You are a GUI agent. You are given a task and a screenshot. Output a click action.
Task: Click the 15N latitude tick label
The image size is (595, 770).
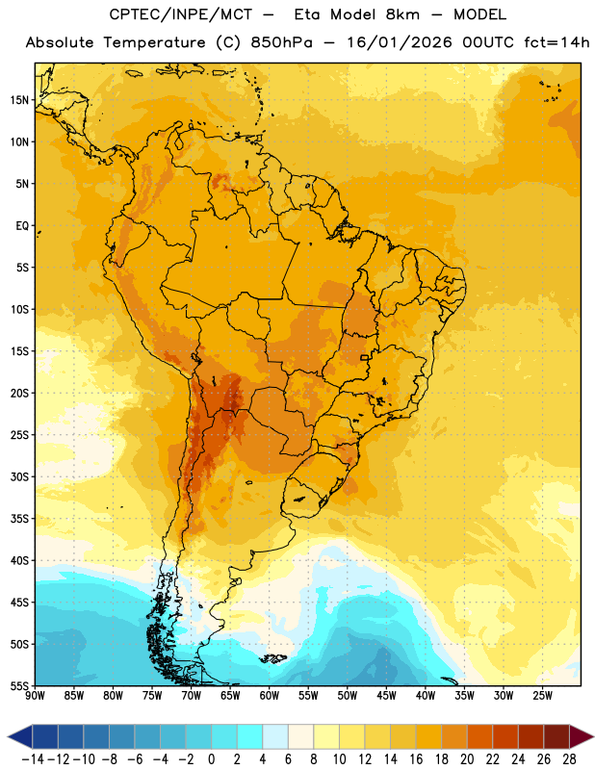coord(20,100)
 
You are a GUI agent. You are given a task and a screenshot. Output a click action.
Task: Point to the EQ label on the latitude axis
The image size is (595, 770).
coord(22,226)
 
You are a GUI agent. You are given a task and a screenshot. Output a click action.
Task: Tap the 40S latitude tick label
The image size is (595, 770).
coord(20,560)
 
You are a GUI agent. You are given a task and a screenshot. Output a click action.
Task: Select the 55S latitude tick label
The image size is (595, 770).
coord(20,685)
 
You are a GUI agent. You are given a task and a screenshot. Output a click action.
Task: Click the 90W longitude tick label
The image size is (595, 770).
coord(35,695)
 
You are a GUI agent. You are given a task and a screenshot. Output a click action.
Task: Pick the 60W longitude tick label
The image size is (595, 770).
coord(270,695)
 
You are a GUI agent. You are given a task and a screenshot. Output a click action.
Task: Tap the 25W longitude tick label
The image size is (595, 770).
coord(542,695)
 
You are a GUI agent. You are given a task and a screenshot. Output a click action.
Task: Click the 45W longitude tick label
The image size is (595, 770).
coord(386,695)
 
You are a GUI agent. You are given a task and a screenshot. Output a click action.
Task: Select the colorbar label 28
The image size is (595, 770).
coord(569,759)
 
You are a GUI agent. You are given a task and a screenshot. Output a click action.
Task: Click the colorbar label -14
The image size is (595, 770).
coord(33,759)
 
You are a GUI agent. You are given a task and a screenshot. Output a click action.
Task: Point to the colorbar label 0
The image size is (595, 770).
coord(211,759)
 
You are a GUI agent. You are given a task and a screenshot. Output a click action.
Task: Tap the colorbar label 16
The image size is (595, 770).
coord(416,759)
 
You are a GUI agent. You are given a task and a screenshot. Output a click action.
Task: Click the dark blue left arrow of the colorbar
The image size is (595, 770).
coord(20,736)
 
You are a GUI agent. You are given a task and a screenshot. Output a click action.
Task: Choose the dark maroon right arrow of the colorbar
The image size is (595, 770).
coord(582,736)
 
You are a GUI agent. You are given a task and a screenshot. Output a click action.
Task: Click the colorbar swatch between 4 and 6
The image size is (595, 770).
coord(275,736)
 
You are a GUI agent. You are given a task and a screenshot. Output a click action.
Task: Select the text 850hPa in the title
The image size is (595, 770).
coord(281,42)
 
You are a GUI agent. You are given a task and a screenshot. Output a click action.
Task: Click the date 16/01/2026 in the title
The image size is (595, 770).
coord(400,42)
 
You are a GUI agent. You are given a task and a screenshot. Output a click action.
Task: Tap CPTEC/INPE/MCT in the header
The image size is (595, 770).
coord(181,14)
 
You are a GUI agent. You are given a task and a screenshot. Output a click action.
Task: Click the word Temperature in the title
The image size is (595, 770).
coord(154,43)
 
